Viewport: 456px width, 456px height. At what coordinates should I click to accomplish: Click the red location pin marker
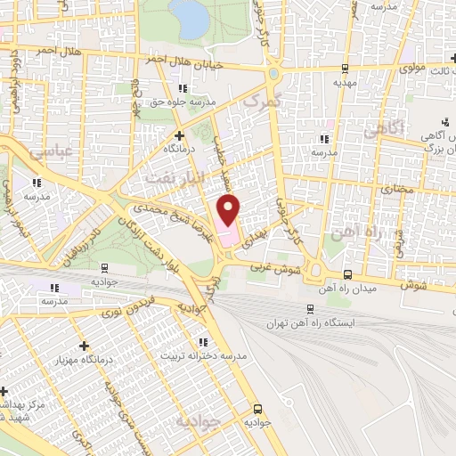(x=229, y=211)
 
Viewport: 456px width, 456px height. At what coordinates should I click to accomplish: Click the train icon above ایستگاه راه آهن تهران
(x=309, y=308)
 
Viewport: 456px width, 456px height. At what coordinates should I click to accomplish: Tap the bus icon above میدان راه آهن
(x=347, y=275)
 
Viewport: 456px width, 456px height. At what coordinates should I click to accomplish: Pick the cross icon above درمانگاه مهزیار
(x=85, y=345)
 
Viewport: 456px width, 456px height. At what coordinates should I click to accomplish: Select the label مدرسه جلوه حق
(x=183, y=102)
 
